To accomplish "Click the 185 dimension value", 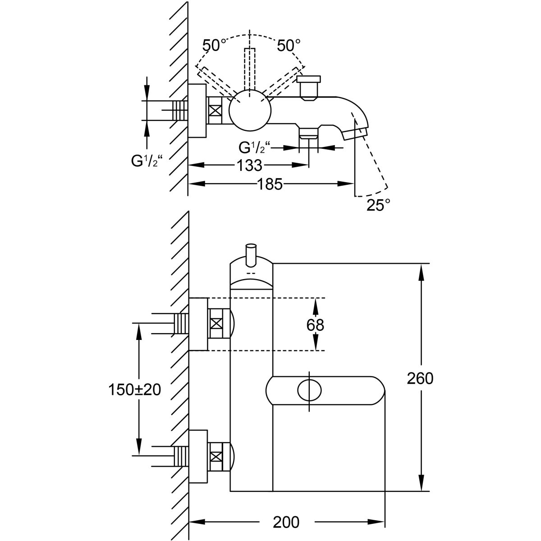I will coord(270,183).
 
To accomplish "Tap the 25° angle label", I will coord(378,206).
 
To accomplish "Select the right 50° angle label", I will coord(289,46).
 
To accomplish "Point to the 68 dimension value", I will coord(315,325).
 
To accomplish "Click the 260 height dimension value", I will coord(420,379).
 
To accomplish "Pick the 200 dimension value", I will coord(286,522).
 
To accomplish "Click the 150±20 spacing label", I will coord(134,390).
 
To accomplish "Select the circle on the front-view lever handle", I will coord(310,390).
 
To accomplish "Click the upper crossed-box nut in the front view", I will coord(216,323).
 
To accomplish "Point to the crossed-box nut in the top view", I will coord(215,111).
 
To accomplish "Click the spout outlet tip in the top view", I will coord(354,133).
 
